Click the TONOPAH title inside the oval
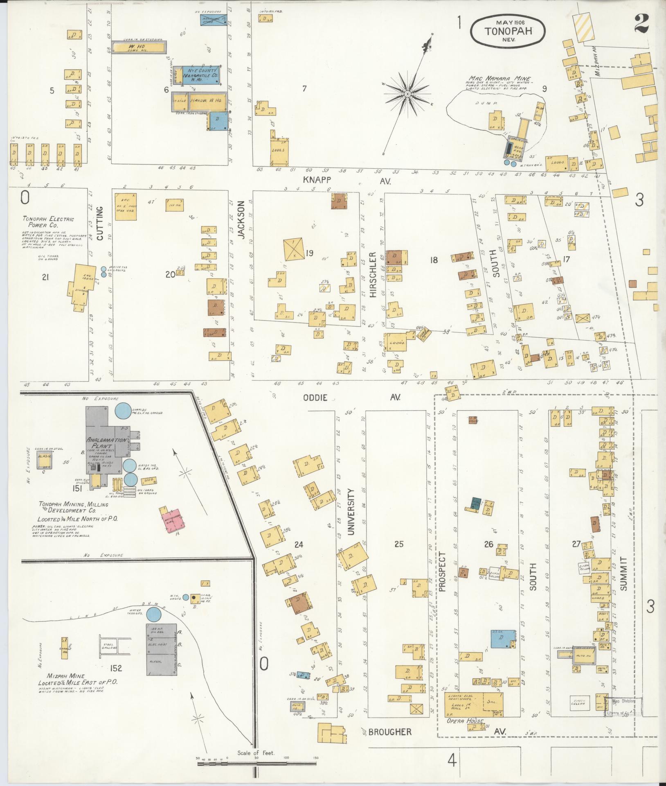[x=508, y=31]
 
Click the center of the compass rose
[x=408, y=95]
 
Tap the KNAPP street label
[x=317, y=180]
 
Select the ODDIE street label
[x=316, y=397]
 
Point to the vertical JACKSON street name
[x=241, y=220]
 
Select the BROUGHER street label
[x=389, y=732]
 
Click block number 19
[x=309, y=253]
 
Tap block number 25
[x=399, y=544]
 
